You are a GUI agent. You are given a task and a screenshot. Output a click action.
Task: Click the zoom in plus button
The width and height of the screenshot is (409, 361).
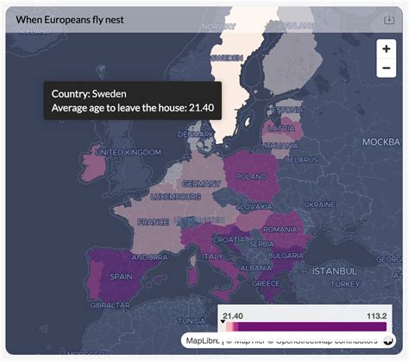coord(386,49)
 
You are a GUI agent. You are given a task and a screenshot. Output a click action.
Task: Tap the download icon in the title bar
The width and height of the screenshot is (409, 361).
coord(388,20)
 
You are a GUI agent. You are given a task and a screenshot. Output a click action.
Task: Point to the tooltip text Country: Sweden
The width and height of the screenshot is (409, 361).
coord(92,92)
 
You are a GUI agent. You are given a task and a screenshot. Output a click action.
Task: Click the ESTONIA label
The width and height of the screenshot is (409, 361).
coord(288,109)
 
